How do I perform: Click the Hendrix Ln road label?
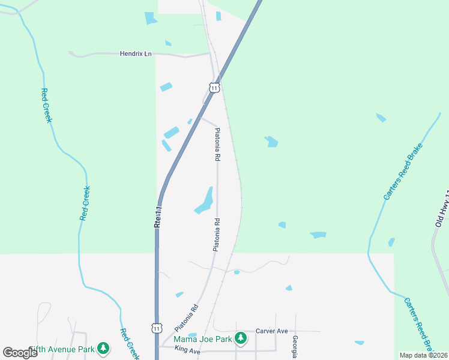[x=135, y=53]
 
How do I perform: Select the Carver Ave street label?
[x=272, y=331]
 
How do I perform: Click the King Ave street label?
[x=187, y=350]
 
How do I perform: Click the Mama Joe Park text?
[x=203, y=340]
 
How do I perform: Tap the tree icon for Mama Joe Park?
[x=241, y=339]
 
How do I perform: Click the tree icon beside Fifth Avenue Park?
[x=103, y=348]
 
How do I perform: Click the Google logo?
[x=20, y=352]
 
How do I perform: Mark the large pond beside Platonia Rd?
[x=205, y=201]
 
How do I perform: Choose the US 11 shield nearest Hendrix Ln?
[x=214, y=88]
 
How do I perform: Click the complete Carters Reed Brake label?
[x=399, y=172]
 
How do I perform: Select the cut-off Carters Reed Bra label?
[x=419, y=325]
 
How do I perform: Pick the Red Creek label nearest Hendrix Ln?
[x=46, y=106]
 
